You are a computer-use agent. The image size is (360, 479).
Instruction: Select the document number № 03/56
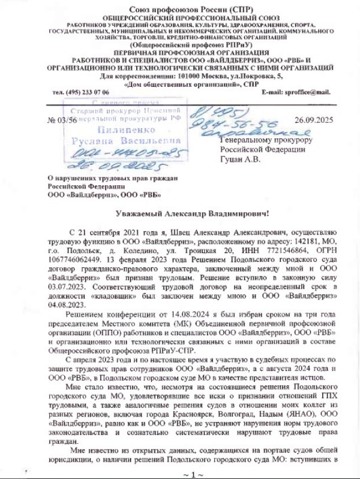(62, 119)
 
